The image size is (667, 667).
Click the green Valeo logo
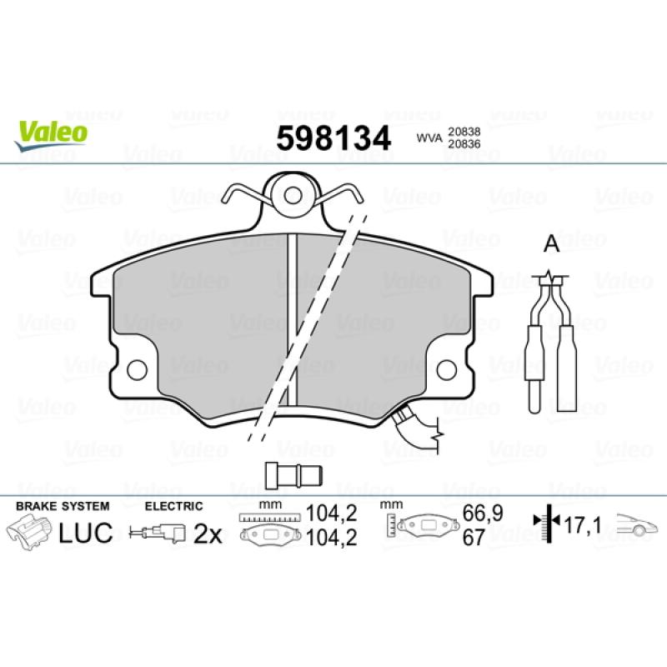coord(51,135)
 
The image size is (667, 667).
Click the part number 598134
coord(333,138)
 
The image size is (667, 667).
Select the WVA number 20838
coord(464,132)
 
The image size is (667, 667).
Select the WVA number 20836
coord(464,144)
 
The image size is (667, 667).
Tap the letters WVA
coord(429,138)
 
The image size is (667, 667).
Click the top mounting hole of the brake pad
coord(293,196)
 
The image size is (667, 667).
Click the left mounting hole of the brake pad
coord(137,370)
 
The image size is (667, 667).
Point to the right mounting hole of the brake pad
coord(446,370)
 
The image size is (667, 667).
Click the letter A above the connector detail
coord(552,243)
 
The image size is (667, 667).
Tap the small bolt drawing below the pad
coord(293,475)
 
